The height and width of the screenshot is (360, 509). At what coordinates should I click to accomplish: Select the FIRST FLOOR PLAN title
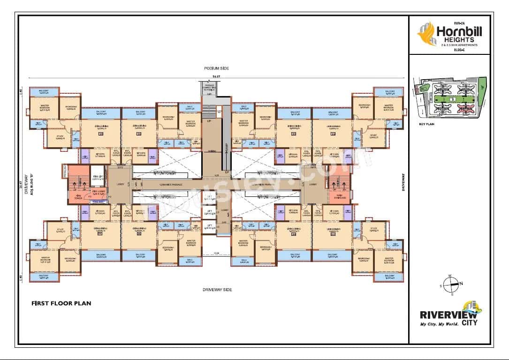coord(61,303)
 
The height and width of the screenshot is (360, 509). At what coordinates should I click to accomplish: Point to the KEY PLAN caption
coord(427,125)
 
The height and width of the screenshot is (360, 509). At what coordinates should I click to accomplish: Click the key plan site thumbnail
coord(450,101)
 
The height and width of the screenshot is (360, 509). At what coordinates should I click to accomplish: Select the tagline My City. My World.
coord(439,324)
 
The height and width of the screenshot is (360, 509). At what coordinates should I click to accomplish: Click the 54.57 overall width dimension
coord(216,76)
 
